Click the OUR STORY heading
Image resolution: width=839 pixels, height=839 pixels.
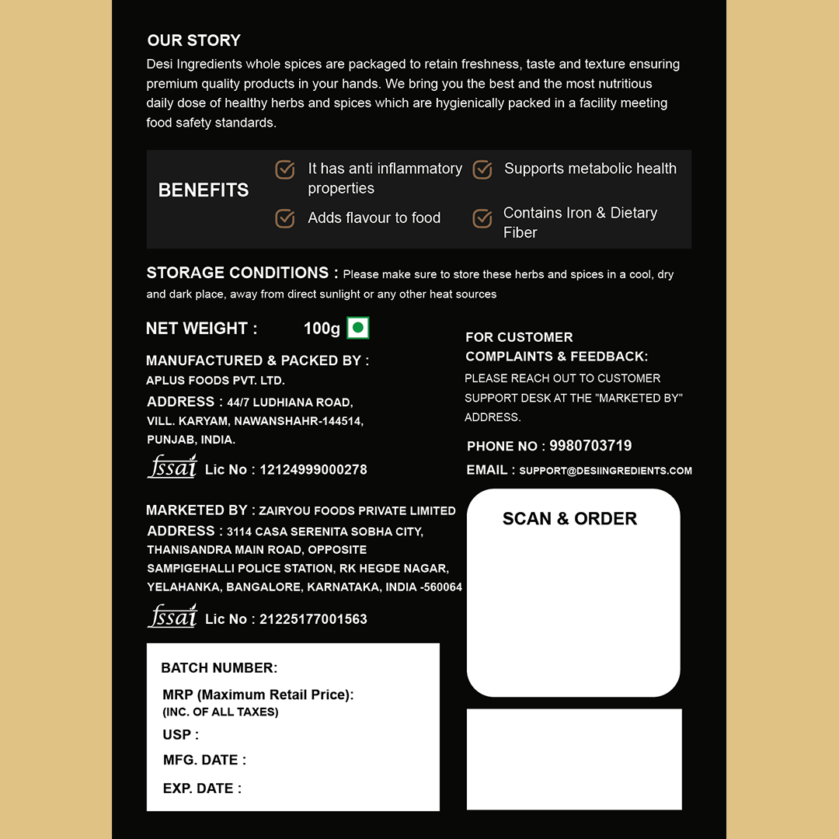(x=194, y=40)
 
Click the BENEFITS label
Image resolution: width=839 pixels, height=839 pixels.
(x=204, y=190)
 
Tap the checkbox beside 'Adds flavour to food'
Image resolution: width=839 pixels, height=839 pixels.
(x=285, y=218)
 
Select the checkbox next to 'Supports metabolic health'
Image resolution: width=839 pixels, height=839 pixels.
(x=482, y=169)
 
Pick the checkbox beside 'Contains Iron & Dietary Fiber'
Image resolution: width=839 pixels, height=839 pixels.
(x=482, y=219)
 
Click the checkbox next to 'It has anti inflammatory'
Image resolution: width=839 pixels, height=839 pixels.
(x=285, y=169)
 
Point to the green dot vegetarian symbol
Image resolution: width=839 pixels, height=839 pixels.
(x=357, y=328)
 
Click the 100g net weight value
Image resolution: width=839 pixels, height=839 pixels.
(x=322, y=329)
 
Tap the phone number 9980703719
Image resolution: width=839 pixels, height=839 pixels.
(x=590, y=446)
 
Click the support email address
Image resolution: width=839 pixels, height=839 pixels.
(x=605, y=471)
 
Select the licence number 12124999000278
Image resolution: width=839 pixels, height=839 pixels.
(x=313, y=470)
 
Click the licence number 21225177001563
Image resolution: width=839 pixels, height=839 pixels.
(x=313, y=619)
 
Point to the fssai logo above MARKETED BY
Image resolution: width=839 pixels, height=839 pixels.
(x=172, y=467)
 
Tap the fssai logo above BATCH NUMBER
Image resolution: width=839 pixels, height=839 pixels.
(x=172, y=616)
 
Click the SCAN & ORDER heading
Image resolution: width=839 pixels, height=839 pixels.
(x=569, y=519)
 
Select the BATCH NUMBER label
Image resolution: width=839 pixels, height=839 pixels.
(x=219, y=668)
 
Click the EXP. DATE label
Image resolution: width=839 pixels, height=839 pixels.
(x=202, y=789)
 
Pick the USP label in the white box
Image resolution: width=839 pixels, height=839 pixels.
(x=180, y=735)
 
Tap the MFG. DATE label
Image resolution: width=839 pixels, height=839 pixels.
(x=204, y=761)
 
